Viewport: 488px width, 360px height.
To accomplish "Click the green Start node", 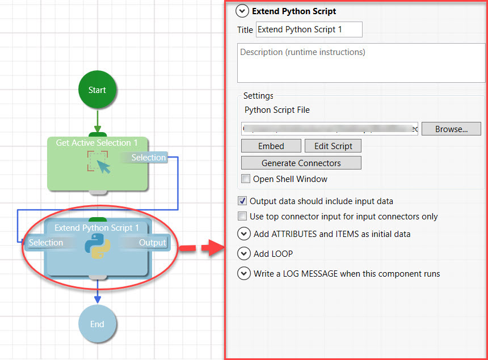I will tap(97, 90).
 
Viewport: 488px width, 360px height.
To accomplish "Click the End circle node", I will tap(97, 324).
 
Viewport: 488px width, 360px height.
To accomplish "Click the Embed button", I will tap(271, 146).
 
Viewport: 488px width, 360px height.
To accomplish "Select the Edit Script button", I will tap(333, 146).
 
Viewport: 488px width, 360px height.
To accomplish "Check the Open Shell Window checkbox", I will tap(246, 179).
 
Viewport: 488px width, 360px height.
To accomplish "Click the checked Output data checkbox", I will tap(243, 201).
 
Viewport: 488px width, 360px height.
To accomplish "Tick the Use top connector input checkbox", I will tap(243, 216).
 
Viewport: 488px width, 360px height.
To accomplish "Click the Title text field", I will tap(309, 29).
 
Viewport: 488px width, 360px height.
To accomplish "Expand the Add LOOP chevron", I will tap(244, 253).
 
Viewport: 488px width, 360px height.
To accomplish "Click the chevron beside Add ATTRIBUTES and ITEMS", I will tap(244, 234).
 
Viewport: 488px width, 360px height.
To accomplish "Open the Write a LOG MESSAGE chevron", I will tap(244, 273).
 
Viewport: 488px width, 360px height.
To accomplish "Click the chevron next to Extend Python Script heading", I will tap(243, 11).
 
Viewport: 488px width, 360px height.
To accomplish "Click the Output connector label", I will tap(153, 243).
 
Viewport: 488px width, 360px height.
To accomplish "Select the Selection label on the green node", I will tap(149, 158).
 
